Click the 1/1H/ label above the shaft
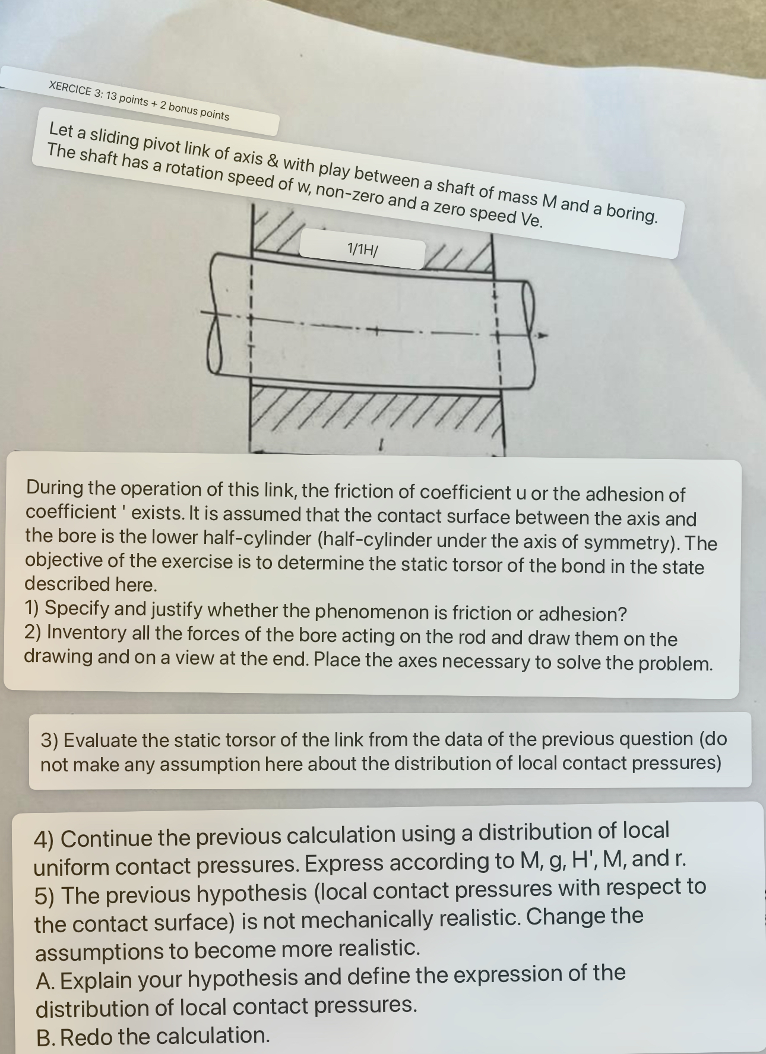coord(362,249)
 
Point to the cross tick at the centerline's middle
coord(375,329)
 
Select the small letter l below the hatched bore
coord(383,443)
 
